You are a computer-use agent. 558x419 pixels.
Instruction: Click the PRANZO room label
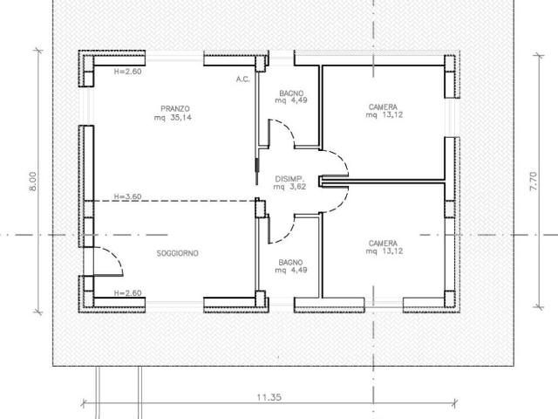pos(175,108)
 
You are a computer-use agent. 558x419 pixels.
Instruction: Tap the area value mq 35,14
pos(173,118)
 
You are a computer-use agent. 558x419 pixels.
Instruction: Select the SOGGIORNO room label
pos(178,253)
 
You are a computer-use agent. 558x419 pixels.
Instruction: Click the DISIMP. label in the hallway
pos(290,179)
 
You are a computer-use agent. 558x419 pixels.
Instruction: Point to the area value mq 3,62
pos(290,187)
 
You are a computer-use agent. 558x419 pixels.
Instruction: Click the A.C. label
pos(243,79)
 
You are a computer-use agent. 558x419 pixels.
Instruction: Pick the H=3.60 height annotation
pos(128,196)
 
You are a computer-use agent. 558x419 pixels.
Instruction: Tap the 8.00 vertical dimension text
pos(32,182)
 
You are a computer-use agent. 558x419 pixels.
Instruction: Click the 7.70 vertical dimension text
pos(534,182)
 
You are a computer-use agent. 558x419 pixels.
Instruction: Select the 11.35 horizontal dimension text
pos(269,397)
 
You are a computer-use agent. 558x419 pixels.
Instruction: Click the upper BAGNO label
pos(291,93)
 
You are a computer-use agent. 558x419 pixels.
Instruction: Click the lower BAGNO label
pos(290,263)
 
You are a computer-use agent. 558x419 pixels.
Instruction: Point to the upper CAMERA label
pos(383,106)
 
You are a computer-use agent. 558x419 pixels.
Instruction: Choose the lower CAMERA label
pos(383,244)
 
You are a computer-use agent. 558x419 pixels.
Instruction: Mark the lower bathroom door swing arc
pos(288,233)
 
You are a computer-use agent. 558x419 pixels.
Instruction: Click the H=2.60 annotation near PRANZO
pos(128,72)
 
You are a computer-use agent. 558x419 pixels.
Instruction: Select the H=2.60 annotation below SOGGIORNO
pos(128,293)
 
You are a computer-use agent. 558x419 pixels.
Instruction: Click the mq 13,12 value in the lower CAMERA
pos(384,251)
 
